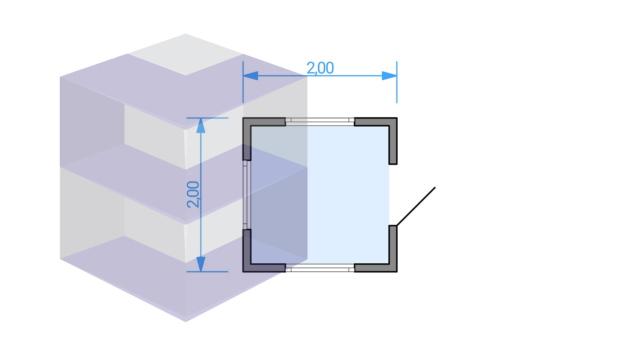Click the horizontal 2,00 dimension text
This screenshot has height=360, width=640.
(x=320, y=68)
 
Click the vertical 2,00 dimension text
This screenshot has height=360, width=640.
(x=193, y=195)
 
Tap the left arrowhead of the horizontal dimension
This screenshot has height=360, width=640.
(x=250, y=76)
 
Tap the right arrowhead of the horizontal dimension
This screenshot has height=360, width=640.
(x=389, y=76)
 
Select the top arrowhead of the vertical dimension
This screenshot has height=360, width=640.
(x=201, y=125)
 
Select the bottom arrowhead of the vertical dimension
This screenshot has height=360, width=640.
(x=201, y=264)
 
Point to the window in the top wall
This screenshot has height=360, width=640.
(x=320, y=122)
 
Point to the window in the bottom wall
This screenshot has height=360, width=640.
(x=320, y=268)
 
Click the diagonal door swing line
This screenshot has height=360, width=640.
(x=416, y=206)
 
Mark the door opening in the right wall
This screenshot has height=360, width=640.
(x=393, y=195)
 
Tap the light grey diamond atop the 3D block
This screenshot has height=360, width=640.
(x=186, y=55)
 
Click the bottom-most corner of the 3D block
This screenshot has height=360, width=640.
(x=186, y=321)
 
